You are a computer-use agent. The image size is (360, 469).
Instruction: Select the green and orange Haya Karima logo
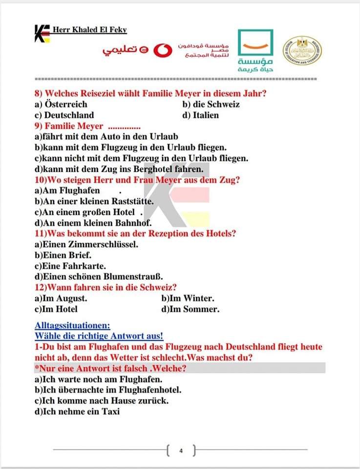tap(255, 51)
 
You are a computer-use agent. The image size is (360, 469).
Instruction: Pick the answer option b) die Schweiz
tap(211, 104)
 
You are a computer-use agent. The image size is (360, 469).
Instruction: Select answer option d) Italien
tap(200, 115)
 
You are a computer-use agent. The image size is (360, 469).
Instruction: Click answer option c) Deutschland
tap(64, 115)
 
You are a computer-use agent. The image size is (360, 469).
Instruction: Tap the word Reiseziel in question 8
tap(98, 93)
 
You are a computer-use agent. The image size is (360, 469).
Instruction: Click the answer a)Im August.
tap(61, 298)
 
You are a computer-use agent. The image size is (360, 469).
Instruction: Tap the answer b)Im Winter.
tap(188, 298)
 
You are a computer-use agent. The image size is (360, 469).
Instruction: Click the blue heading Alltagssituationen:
tap(72, 325)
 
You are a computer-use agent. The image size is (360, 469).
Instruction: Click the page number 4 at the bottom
tap(180, 450)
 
